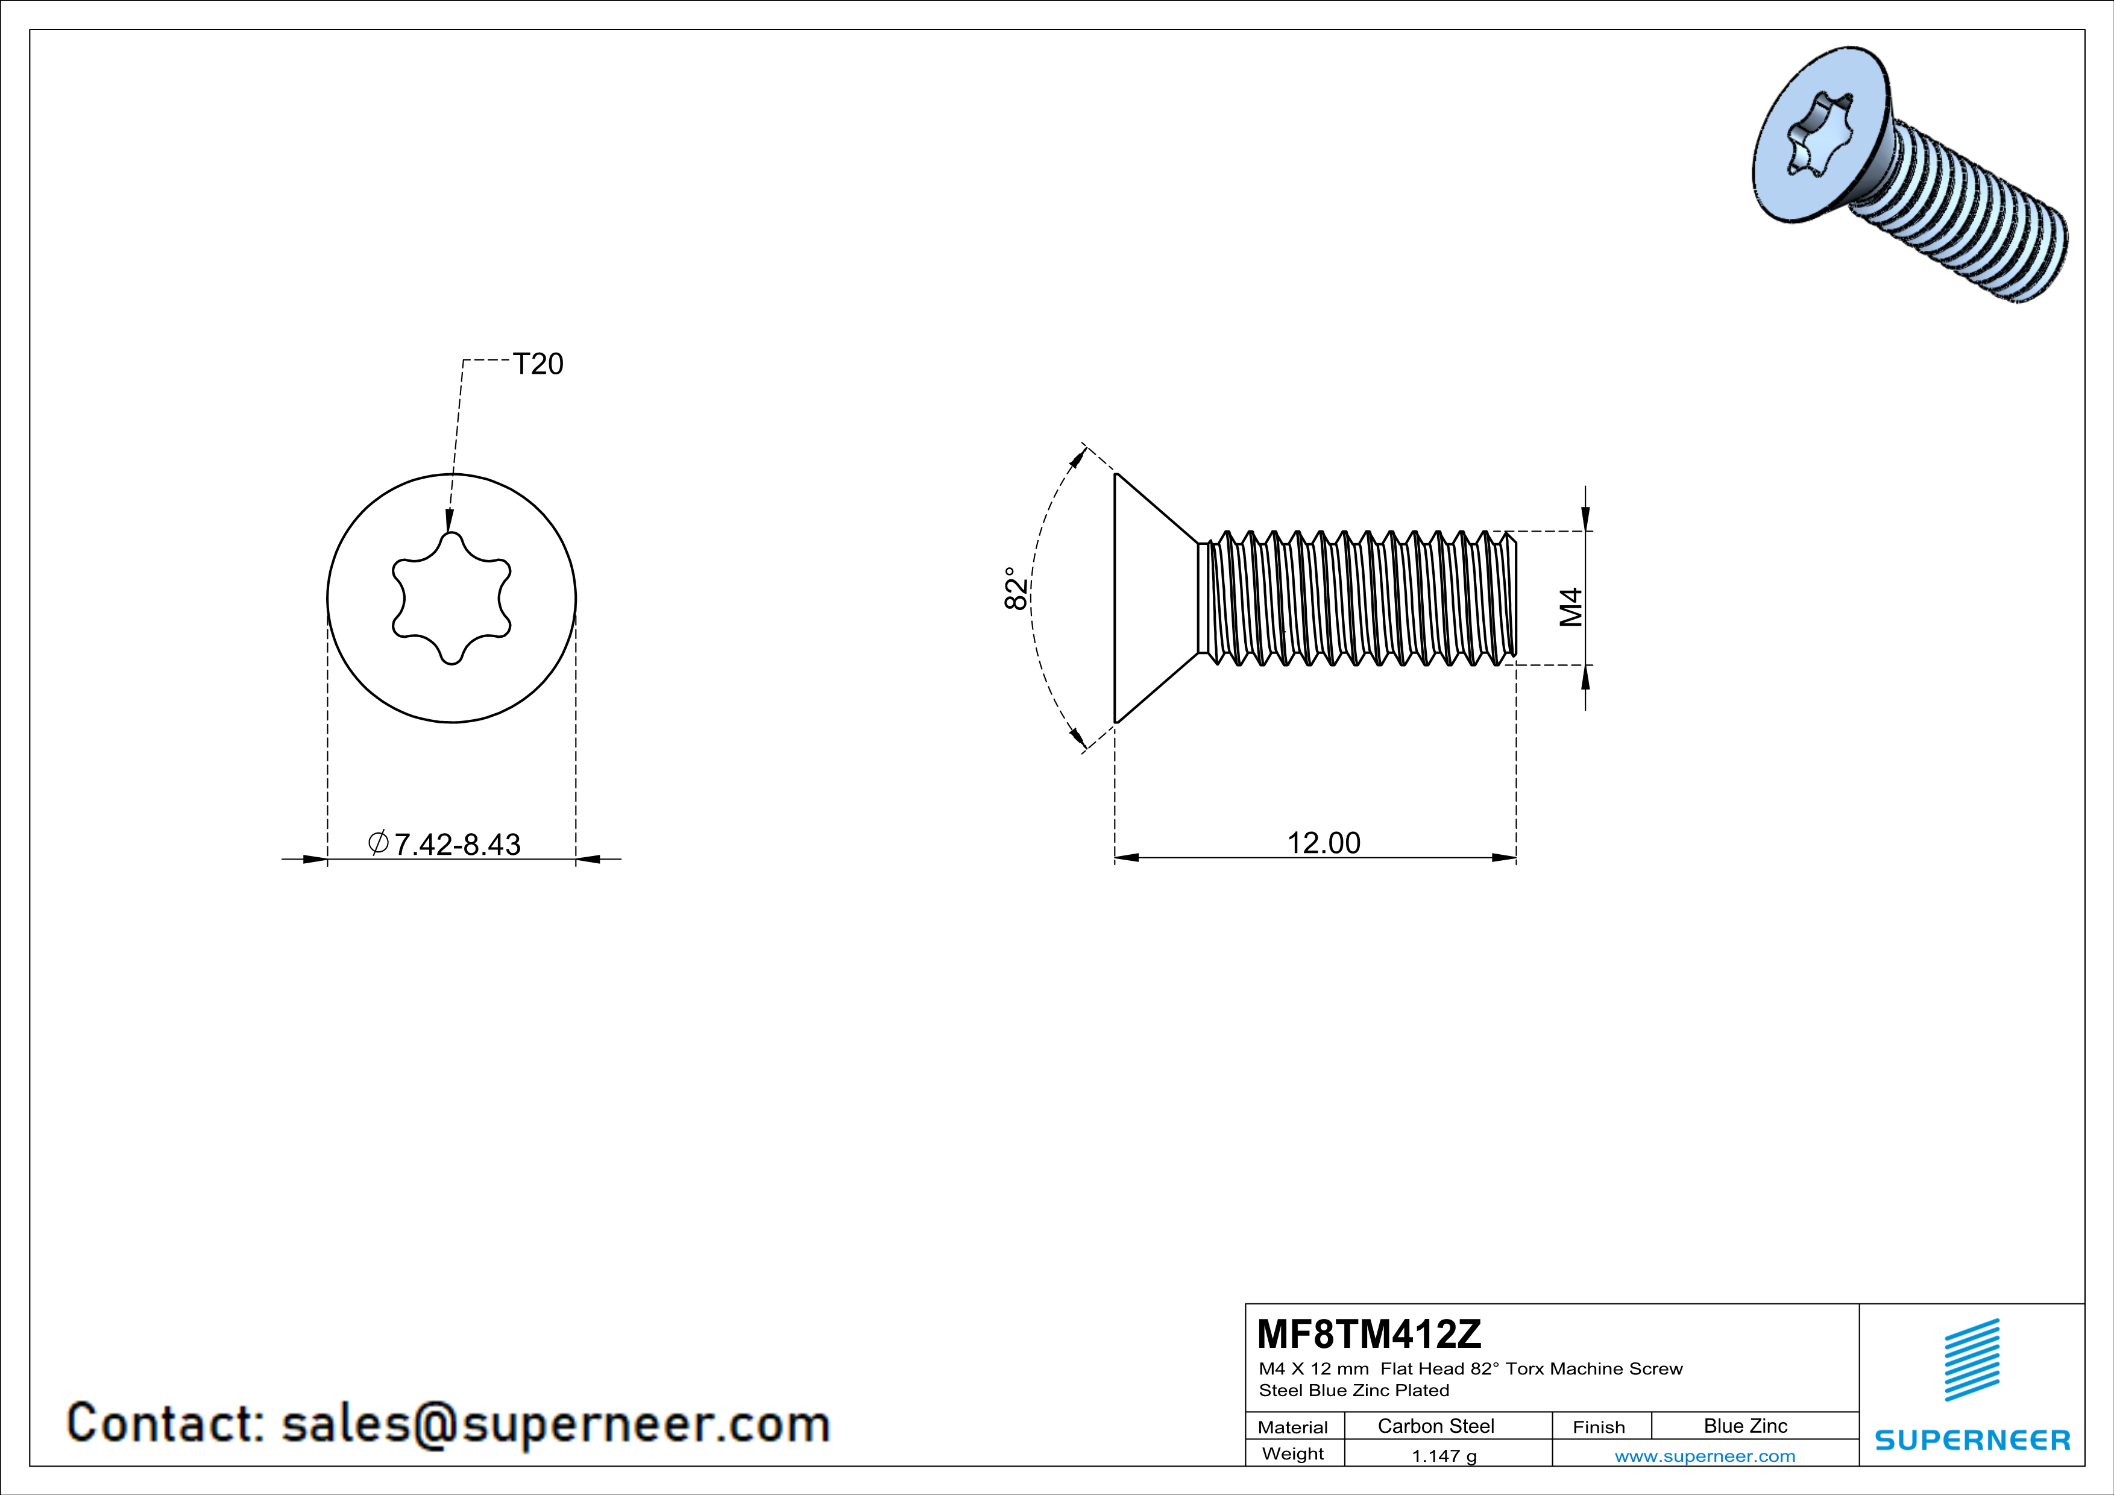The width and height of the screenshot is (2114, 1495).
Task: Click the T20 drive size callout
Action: pyautogui.click(x=538, y=365)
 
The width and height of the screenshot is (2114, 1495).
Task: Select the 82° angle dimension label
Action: pyautogui.click(x=1015, y=588)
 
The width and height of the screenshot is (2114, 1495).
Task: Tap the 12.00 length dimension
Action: pyautogui.click(x=1323, y=842)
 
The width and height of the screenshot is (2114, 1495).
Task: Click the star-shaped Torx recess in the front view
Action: pyautogui.click(x=451, y=599)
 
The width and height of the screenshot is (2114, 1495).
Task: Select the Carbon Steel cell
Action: pyautogui.click(x=1435, y=1426)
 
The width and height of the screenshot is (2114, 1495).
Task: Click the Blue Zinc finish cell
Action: pyautogui.click(x=1744, y=1426)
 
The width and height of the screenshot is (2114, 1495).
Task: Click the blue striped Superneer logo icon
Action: pyautogui.click(x=1971, y=1360)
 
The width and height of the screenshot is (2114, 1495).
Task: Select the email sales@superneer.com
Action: pyautogui.click(x=555, y=1423)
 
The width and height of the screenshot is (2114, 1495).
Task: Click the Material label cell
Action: pyautogui.click(x=1293, y=1427)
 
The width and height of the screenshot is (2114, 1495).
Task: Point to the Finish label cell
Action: pyautogui.click(x=1599, y=1427)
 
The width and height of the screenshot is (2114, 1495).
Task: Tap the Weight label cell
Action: pyautogui.click(x=1293, y=1453)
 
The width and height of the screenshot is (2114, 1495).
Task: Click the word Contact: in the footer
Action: pyautogui.click(x=166, y=1423)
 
